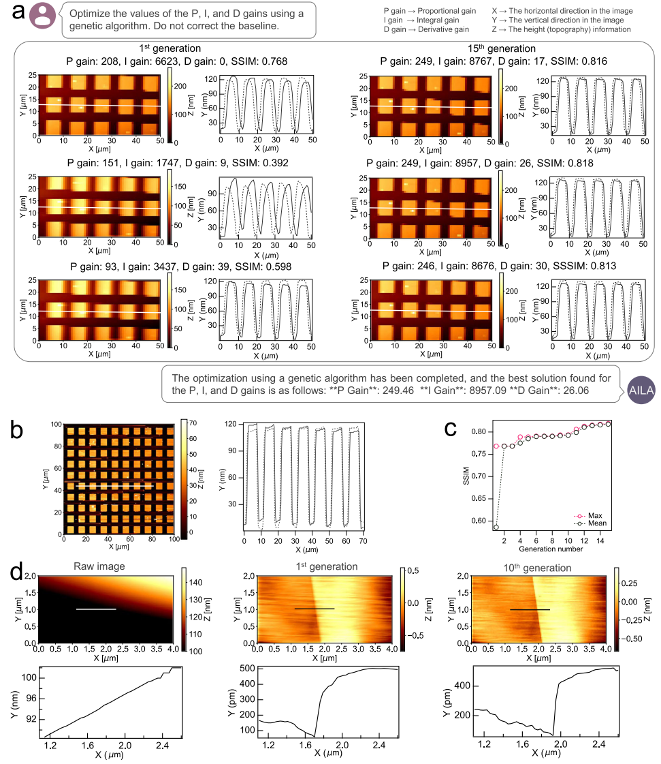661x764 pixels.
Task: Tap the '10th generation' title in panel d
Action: point(542,567)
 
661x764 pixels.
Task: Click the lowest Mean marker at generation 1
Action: point(496,527)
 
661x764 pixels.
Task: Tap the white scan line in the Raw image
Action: point(96,609)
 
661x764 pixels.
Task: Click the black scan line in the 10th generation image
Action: point(530,609)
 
